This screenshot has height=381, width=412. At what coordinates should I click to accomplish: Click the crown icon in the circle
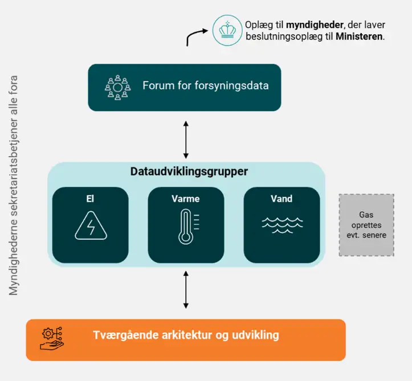(227, 30)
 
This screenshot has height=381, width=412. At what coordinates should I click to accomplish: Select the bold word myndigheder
(315, 25)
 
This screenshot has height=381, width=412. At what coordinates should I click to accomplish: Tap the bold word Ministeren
(359, 36)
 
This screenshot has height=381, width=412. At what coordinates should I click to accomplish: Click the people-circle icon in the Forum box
(118, 88)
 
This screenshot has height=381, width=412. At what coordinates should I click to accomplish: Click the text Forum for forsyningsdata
(206, 85)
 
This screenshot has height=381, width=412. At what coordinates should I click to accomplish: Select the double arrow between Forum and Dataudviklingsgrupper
(186, 140)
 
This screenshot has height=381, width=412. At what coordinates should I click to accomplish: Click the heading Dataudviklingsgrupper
(189, 171)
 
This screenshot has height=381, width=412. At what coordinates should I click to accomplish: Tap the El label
(90, 199)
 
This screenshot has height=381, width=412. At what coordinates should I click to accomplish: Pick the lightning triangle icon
(91, 226)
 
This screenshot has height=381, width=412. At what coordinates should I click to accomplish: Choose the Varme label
(186, 199)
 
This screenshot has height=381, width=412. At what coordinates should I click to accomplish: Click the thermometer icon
(188, 227)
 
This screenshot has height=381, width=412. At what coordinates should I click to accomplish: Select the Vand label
(282, 199)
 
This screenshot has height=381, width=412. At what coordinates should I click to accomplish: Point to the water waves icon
(282, 226)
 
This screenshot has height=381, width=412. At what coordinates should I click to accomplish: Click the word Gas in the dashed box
(366, 215)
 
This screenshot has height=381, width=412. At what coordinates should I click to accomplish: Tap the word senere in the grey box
(374, 235)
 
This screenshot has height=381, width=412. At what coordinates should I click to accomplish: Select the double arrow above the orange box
(186, 290)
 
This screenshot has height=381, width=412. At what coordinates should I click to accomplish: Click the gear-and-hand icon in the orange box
(52, 339)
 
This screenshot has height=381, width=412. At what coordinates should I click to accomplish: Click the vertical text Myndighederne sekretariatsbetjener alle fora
(14, 186)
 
